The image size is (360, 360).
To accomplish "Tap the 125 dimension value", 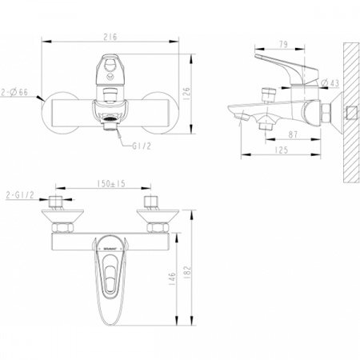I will click(x=277, y=149).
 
